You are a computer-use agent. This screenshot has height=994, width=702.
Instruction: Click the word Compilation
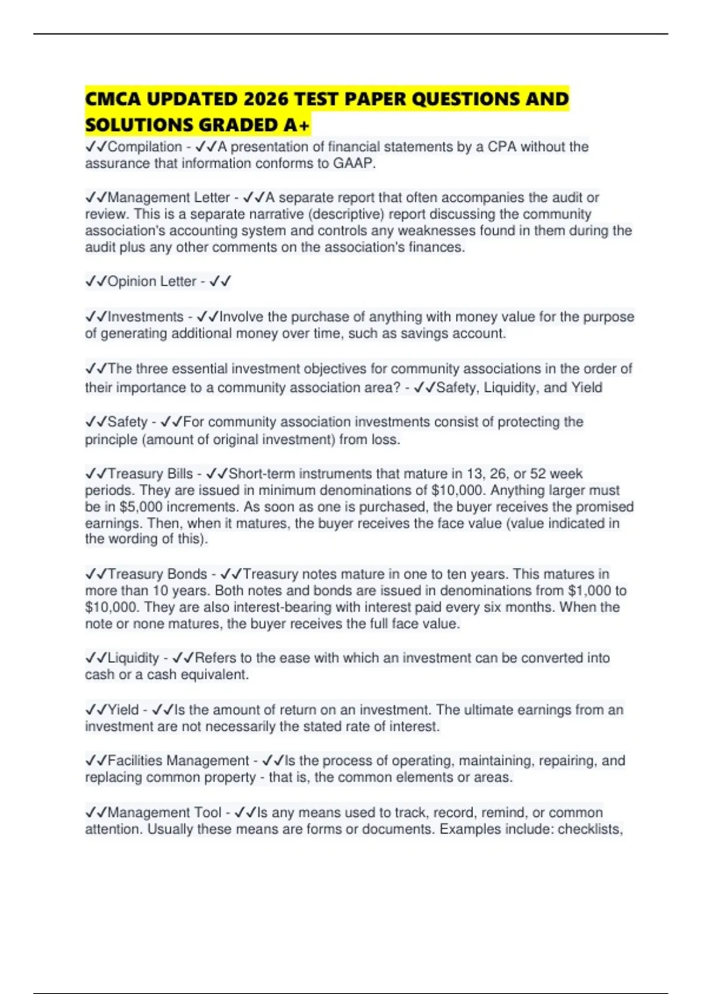click(x=144, y=147)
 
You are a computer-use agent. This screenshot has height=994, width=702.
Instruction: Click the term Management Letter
click(x=168, y=198)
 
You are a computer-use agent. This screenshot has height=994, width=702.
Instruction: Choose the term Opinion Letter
click(x=152, y=281)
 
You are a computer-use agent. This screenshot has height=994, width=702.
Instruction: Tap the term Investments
click(x=146, y=317)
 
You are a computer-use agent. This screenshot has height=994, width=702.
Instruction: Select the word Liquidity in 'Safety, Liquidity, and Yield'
click(x=511, y=388)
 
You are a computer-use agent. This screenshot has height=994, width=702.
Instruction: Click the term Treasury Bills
click(x=150, y=474)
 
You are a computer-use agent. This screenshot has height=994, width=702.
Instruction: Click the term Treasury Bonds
click(x=157, y=574)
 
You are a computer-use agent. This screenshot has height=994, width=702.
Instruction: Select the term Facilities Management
click(x=178, y=761)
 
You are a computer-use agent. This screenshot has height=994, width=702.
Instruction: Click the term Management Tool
click(x=164, y=813)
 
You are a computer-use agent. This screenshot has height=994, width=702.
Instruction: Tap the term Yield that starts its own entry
click(x=123, y=710)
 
